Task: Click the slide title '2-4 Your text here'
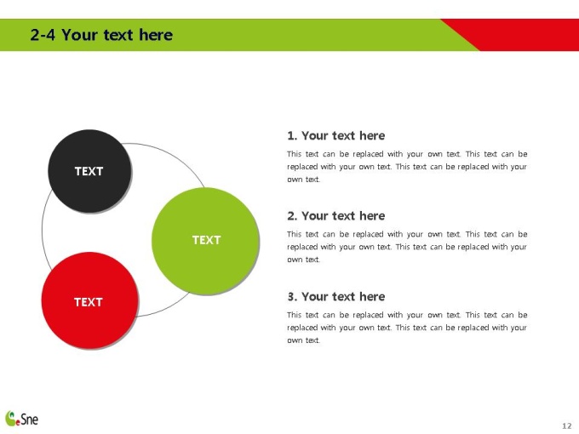pyautogui.click(x=101, y=35)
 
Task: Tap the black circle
pyautogui.click(x=89, y=171)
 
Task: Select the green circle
pyautogui.click(x=205, y=241)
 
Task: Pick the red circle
pyautogui.click(x=89, y=300)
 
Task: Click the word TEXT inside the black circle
pyautogui.click(x=89, y=171)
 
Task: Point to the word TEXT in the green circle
pyautogui.click(x=206, y=240)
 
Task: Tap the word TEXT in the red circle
pyautogui.click(x=89, y=302)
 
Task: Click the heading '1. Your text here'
pyautogui.click(x=336, y=136)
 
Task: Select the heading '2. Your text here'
pyautogui.click(x=336, y=216)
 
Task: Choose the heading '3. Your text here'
pyautogui.click(x=336, y=297)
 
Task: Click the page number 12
pyautogui.click(x=567, y=425)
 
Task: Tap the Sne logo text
pyautogui.click(x=29, y=420)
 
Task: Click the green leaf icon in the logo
pyautogui.click(x=11, y=418)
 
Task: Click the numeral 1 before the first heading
pyautogui.click(x=290, y=136)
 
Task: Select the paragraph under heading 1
pyautogui.click(x=407, y=167)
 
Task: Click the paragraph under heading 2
pyautogui.click(x=407, y=247)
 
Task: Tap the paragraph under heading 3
pyautogui.click(x=407, y=328)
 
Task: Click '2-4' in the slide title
pyautogui.click(x=43, y=35)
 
